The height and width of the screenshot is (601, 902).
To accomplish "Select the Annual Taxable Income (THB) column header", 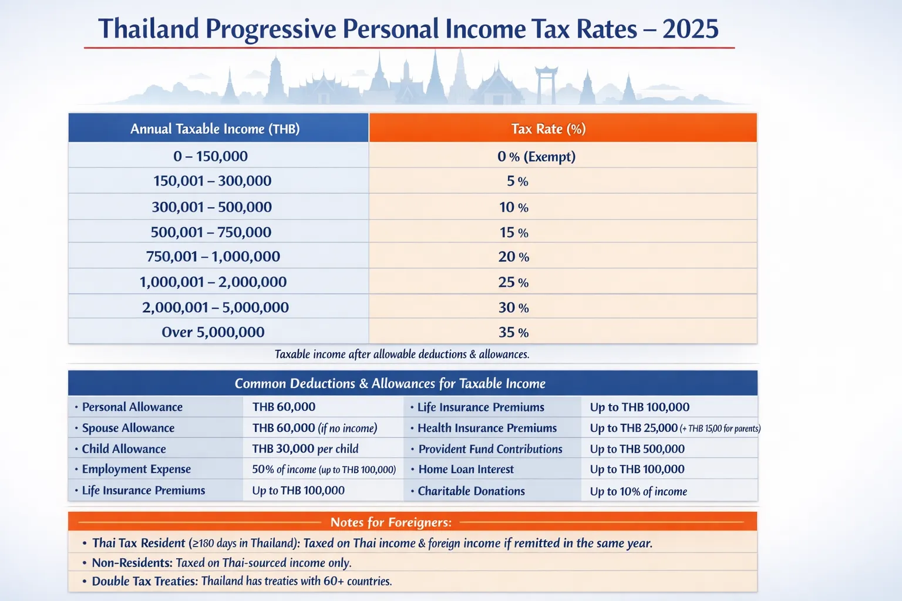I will click(x=215, y=129).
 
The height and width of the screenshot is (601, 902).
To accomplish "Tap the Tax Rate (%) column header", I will click(x=548, y=129).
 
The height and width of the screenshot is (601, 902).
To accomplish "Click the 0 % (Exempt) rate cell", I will click(x=536, y=156).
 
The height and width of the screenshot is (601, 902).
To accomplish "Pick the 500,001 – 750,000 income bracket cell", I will click(x=211, y=232).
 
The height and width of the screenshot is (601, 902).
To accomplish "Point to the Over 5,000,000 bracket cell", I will click(x=213, y=332).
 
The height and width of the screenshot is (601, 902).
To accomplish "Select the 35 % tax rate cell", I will click(x=513, y=332).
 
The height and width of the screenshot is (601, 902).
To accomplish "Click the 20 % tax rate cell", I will click(x=513, y=256).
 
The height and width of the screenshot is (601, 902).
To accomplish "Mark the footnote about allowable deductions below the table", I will click(x=402, y=354).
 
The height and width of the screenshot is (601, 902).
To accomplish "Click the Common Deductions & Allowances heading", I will click(x=390, y=383).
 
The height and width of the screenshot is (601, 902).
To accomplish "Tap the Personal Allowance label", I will click(x=132, y=407).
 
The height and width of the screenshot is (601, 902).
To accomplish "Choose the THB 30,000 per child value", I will click(x=305, y=448).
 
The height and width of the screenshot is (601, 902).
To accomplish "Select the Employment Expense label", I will click(x=136, y=469).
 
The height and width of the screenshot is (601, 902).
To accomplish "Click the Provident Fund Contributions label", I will click(x=490, y=449).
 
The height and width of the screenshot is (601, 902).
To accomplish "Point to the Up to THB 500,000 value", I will click(x=637, y=449).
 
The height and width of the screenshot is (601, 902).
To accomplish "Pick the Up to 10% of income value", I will click(x=638, y=491).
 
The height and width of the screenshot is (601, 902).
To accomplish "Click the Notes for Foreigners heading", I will click(x=391, y=522).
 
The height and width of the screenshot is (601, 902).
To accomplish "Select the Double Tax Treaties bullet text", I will click(x=241, y=581).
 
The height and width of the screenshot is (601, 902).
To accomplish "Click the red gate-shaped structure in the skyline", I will click(x=546, y=82).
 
